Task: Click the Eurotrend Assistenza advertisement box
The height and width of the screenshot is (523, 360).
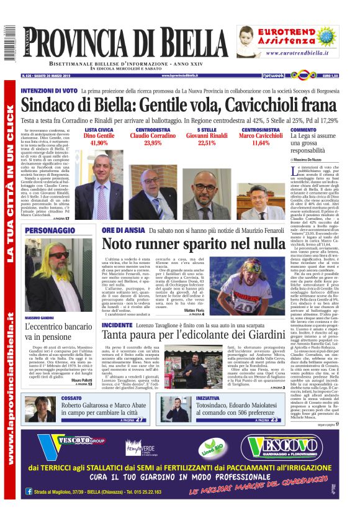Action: pos(295,42)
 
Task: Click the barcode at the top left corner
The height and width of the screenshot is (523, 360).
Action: pos(7,43)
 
